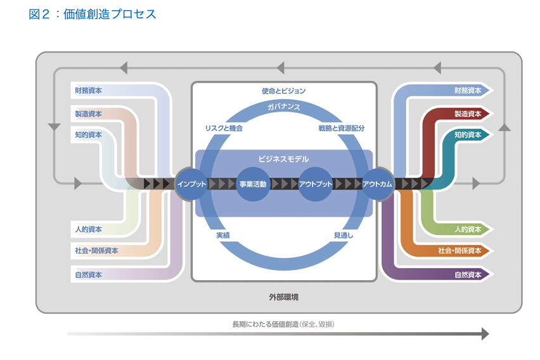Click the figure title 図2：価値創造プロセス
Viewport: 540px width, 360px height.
(x=93, y=15)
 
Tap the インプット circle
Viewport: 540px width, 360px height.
(x=191, y=184)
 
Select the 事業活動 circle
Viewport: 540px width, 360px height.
(x=253, y=184)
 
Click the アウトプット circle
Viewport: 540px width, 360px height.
(x=316, y=184)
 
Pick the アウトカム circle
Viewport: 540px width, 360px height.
(x=377, y=184)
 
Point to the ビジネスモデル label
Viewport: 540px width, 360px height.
(x=283, y=159)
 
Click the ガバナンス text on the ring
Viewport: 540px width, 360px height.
(x=283, y=106)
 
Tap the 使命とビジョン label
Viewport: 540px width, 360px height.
(x=283, y=91)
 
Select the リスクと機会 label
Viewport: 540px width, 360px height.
(x=224, y=128)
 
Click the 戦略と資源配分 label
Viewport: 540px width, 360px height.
(x=342, y=128)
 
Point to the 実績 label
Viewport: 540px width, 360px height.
(x=223, y=235)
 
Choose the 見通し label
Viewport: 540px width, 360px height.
(x=344, y=235)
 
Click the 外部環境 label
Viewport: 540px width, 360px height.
(x=283, y=296)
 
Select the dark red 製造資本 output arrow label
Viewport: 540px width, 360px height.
(x=468, y=114)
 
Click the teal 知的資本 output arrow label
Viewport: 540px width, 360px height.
(x=468, y=135)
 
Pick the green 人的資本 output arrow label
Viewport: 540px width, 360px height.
(x=468, y=229)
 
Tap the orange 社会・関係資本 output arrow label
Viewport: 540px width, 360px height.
(x=460, y=251)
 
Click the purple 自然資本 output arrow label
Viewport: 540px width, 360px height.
(x=468, y=275)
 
